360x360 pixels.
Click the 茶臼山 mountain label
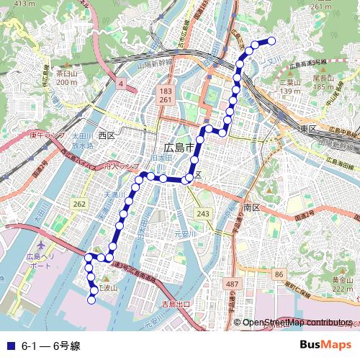point(66,73)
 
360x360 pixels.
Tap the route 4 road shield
point(122,85)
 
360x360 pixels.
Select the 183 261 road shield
point(166,96)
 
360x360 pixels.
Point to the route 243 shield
point(203,215)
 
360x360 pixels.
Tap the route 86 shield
point(279,276)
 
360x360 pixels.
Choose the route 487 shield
point(232,285)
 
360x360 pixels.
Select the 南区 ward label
point(251,207)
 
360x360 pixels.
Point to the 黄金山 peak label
point(342,280)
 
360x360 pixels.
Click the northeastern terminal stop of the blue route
point(272,41)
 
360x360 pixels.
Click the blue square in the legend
point(9,346)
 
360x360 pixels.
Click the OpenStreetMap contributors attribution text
point(297,323)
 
